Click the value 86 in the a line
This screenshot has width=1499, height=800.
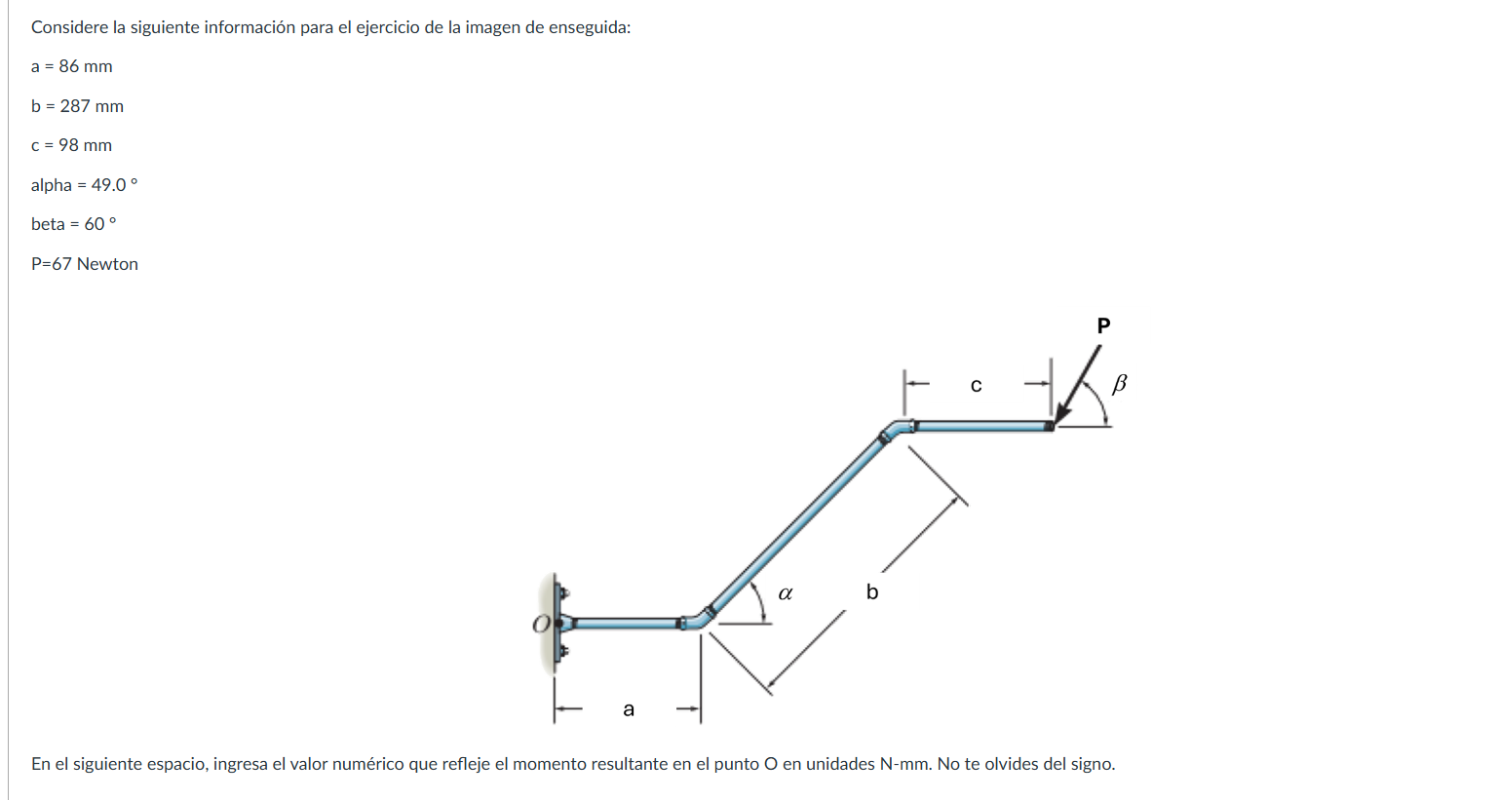click(x=68, y=66)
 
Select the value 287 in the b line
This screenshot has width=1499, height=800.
click(x=75, y=106)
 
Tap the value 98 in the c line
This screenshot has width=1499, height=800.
click(x=68, y=145)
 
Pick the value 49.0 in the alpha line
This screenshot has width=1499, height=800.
click(x=108, y=185)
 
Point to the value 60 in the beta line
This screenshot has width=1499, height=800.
click(x=94, y=224)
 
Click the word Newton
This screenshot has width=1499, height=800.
click(x=107, y=264)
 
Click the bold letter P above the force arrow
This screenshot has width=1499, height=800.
click(x=1103, y=325)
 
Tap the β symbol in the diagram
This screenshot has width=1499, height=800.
click(x=1119, y=383)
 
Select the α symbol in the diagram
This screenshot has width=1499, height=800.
click(x=786, y=592)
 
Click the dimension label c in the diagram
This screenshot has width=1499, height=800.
click(x=976, y=386)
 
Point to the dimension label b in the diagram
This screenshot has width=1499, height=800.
click(x=872, y=592)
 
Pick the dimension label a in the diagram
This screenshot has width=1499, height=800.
click(x=629, y=709)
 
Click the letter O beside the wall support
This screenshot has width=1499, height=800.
click(x=541, y=624)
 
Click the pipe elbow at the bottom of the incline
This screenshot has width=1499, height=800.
click(x=698, y=620)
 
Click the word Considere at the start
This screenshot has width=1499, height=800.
click(x=69, y=27)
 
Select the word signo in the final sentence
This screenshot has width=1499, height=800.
click(x=1090, y=764)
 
